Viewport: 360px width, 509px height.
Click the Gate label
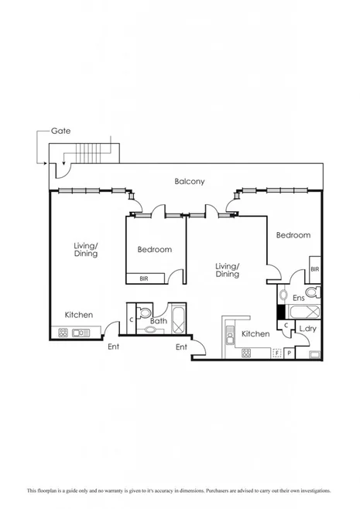[61, 132]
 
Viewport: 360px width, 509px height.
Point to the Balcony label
[189, 182]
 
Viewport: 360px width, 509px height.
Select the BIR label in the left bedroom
[144, 278]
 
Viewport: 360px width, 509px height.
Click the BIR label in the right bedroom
[314, 269]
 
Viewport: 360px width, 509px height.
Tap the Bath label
[159, 320]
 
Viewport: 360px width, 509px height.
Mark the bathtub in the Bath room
[177, 318]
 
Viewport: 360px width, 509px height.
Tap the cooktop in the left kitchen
[62, 333]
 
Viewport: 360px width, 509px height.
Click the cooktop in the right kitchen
[246, 353]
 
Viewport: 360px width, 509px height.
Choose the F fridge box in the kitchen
[276, 353]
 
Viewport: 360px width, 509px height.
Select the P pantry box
[290, 353]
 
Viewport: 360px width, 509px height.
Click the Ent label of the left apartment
[114, 346]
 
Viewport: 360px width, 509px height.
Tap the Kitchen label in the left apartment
[79, 315]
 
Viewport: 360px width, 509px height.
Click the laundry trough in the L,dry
[314, 354]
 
